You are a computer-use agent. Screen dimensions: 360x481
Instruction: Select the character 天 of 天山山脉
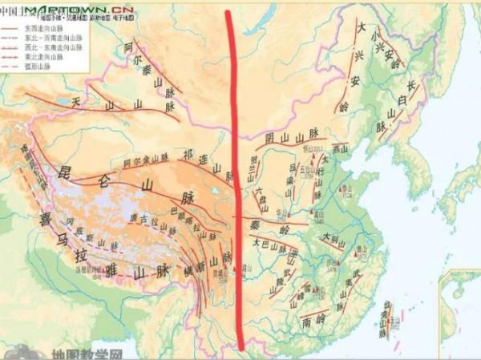coord(79,103)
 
